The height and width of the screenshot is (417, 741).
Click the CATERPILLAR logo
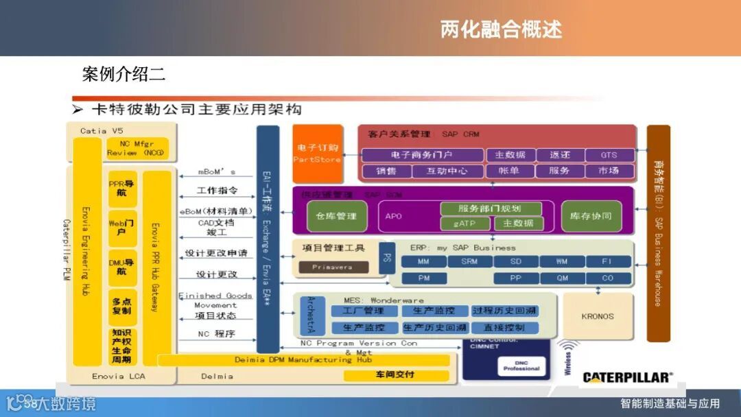point(627,377)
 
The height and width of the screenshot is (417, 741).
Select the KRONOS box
point(598,317)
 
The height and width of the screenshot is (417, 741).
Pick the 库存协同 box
point(591,216)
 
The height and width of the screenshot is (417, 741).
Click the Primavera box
point(332,267)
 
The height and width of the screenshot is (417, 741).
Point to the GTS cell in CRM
point(609,155)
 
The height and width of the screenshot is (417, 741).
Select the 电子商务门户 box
point(421,155)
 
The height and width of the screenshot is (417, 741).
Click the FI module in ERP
point(607,261)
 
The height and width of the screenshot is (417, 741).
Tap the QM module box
point(562,278)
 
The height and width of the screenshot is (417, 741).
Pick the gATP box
point(465,224)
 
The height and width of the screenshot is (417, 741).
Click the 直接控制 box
point(504,328)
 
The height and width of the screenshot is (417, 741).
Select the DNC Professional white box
point(521,366)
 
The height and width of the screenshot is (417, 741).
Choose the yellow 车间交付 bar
point(395,375)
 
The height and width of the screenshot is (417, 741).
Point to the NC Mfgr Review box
point(137,148)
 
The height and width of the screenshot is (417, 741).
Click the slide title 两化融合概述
point(501,29)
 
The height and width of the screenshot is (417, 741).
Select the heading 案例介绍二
point(123,74)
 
